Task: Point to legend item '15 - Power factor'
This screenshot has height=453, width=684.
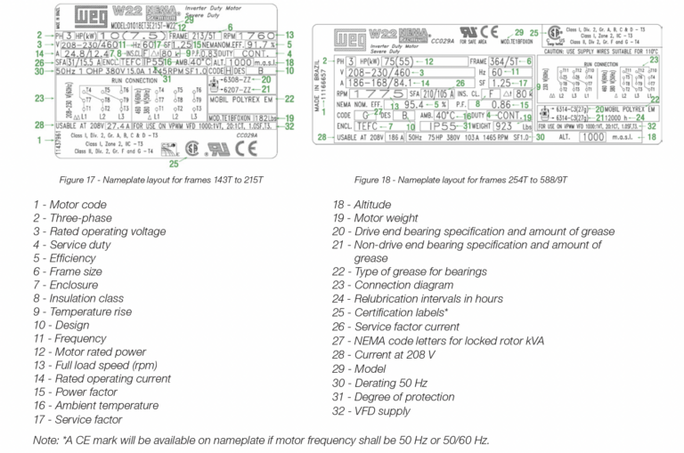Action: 77,392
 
